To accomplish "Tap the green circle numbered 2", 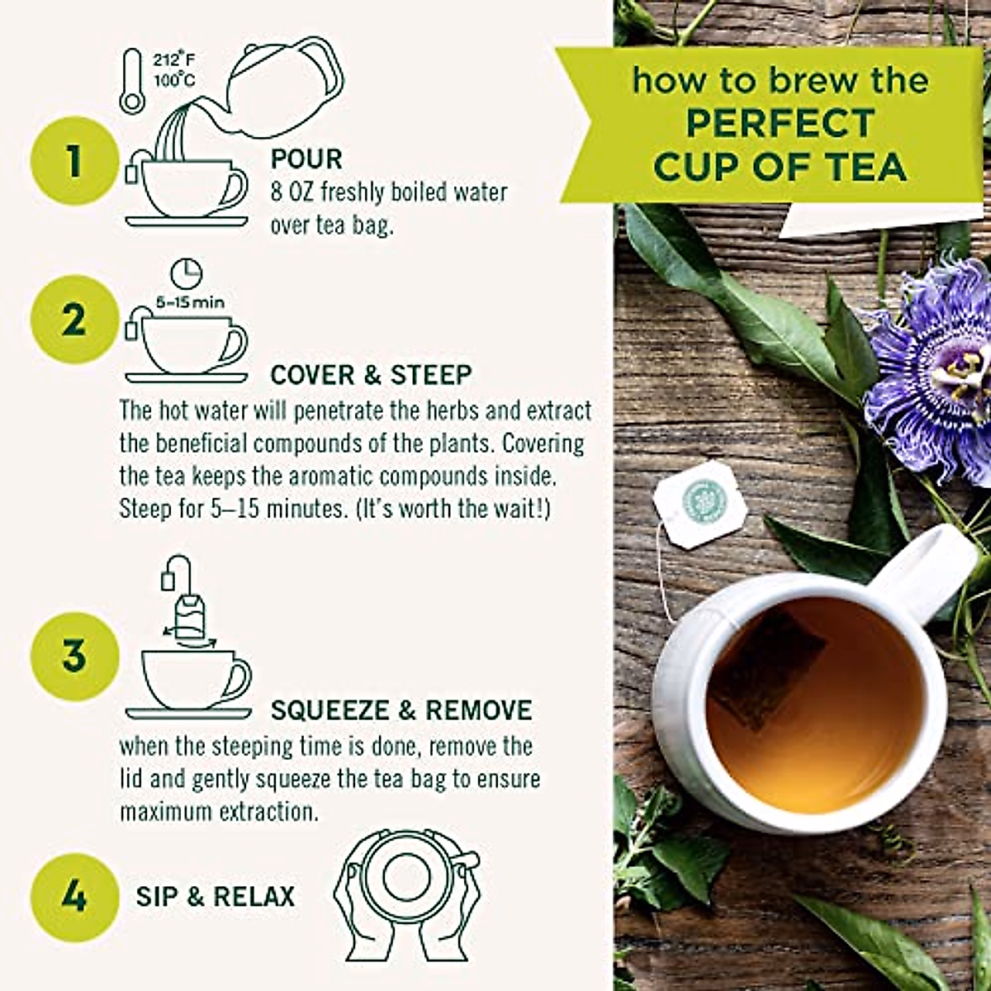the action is point(74,320).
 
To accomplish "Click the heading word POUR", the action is point(306,159).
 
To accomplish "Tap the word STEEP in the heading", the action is point(431,374).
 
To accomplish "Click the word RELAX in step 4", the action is point(254,896).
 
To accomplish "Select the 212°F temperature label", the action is point(173,60).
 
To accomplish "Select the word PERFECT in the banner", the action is point(780,123).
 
